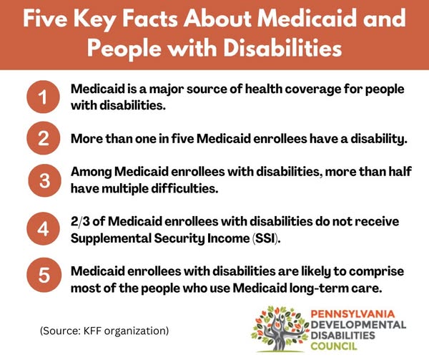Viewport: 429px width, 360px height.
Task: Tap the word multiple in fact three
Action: point(127,189)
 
